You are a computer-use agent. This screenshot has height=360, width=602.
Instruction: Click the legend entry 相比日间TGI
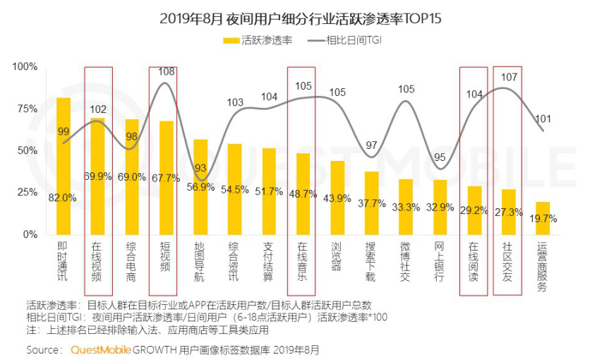click(353, 41)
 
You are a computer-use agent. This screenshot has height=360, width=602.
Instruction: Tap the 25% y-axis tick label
click(27, 193)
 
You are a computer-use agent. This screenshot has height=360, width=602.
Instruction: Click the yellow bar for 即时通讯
click(64, 166)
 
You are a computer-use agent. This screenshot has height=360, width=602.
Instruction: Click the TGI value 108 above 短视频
click(166, 72)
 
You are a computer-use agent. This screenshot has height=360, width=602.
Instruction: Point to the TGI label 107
click(509, 77)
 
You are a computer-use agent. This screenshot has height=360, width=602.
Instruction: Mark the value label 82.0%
click(64, 198)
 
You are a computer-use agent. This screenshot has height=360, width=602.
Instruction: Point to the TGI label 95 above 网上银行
click(440, 157)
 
